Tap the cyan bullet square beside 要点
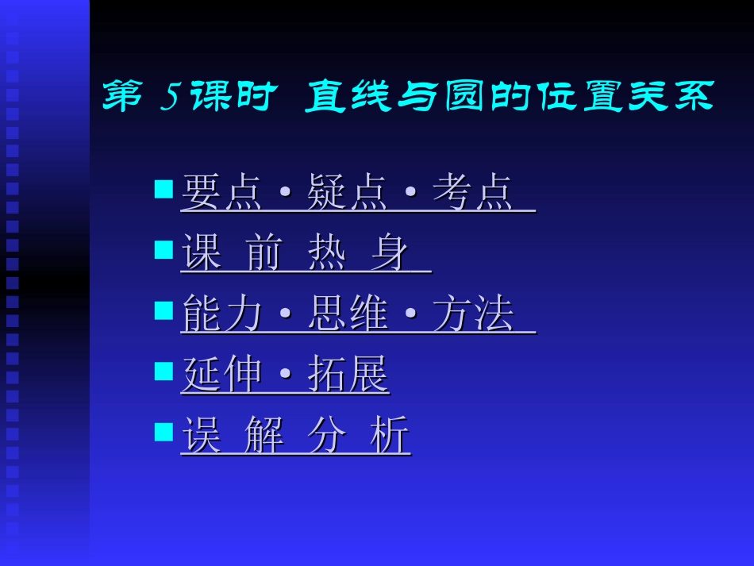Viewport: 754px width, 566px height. tap(163, 189)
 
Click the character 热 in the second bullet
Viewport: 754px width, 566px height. tap(326, 254)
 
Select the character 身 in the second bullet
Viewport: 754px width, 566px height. tap(389, 254)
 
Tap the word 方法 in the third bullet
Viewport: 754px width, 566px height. tap(473, 314)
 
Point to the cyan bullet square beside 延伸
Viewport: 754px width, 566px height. tap(163, 371)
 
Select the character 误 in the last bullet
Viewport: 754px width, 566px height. tap(201, 436)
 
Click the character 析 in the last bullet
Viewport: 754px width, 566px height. tap(390, 436)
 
